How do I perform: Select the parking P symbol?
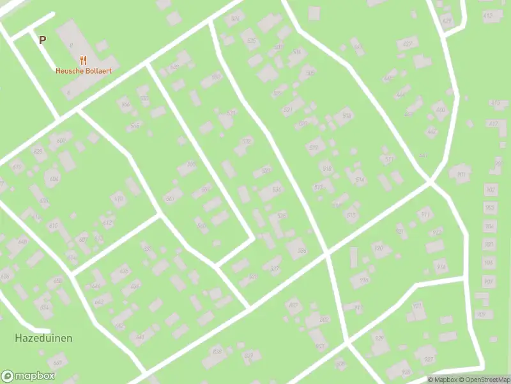coord(42,40)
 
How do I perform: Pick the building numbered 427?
coord(406,44)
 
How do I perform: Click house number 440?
coord(439,110)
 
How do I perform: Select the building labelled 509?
coord(347,116)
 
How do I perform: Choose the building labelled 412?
coord(488,15)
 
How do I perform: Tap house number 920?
coord(378,248)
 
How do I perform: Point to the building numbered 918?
coord(364,280)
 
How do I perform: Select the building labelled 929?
coord(379,338)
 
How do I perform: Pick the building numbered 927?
coord(429,359)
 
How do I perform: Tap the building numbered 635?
coord(54,226)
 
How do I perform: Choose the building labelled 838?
coord(217,351)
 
